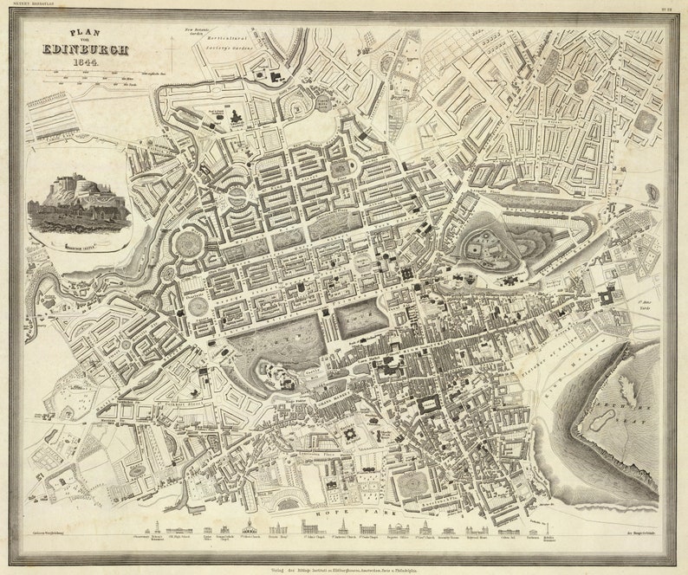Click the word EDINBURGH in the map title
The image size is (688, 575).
[85, 50]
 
